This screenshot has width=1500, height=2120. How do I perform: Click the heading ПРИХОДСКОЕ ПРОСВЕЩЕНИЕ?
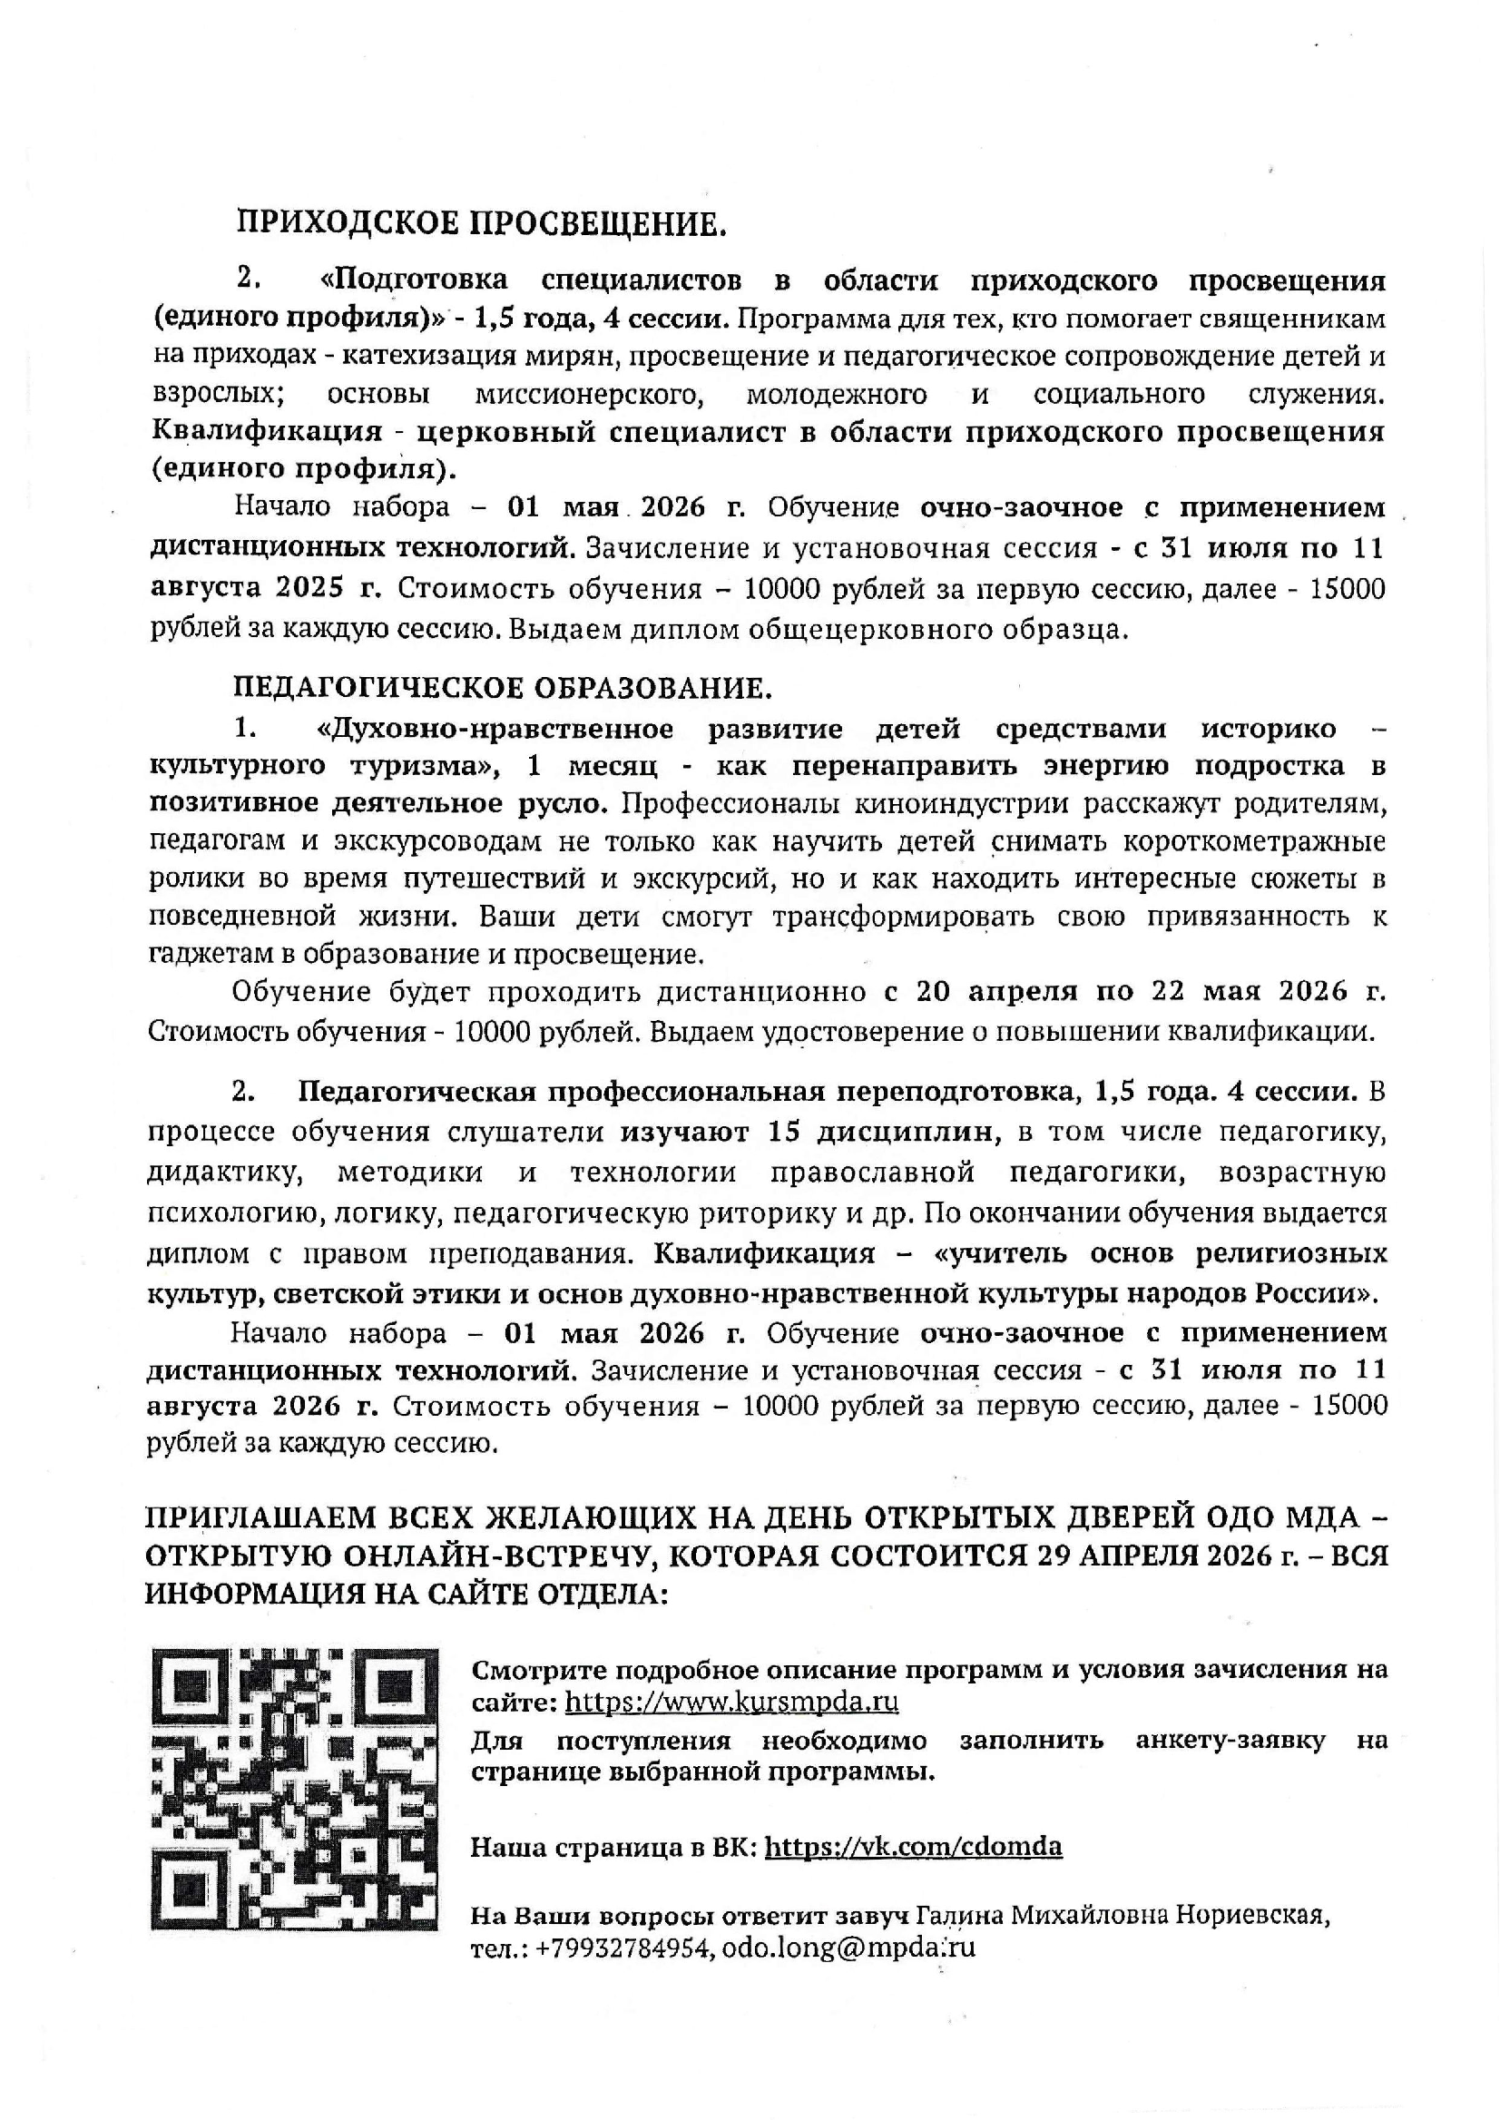(481, 223)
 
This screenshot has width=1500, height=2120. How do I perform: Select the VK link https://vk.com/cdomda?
(914, 1847)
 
